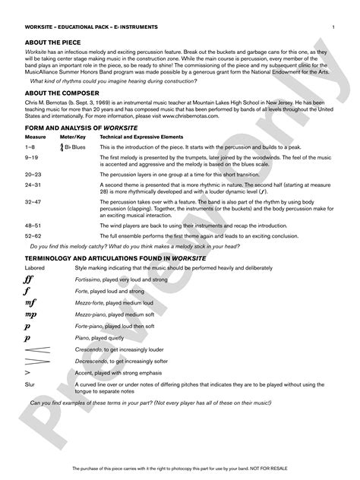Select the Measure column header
point(35,137)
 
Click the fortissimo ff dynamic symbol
point(30,279)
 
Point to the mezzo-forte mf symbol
point(30,302)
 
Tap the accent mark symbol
point(27,373)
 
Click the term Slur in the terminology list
point(30,385)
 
